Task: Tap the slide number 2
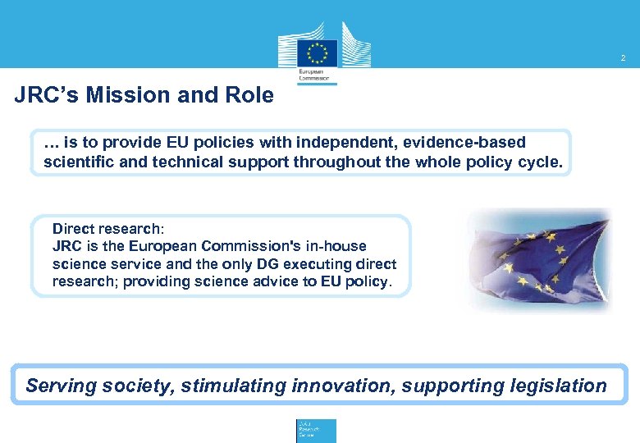point(623,58)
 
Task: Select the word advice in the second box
point(274,282)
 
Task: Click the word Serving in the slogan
point(60,386)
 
